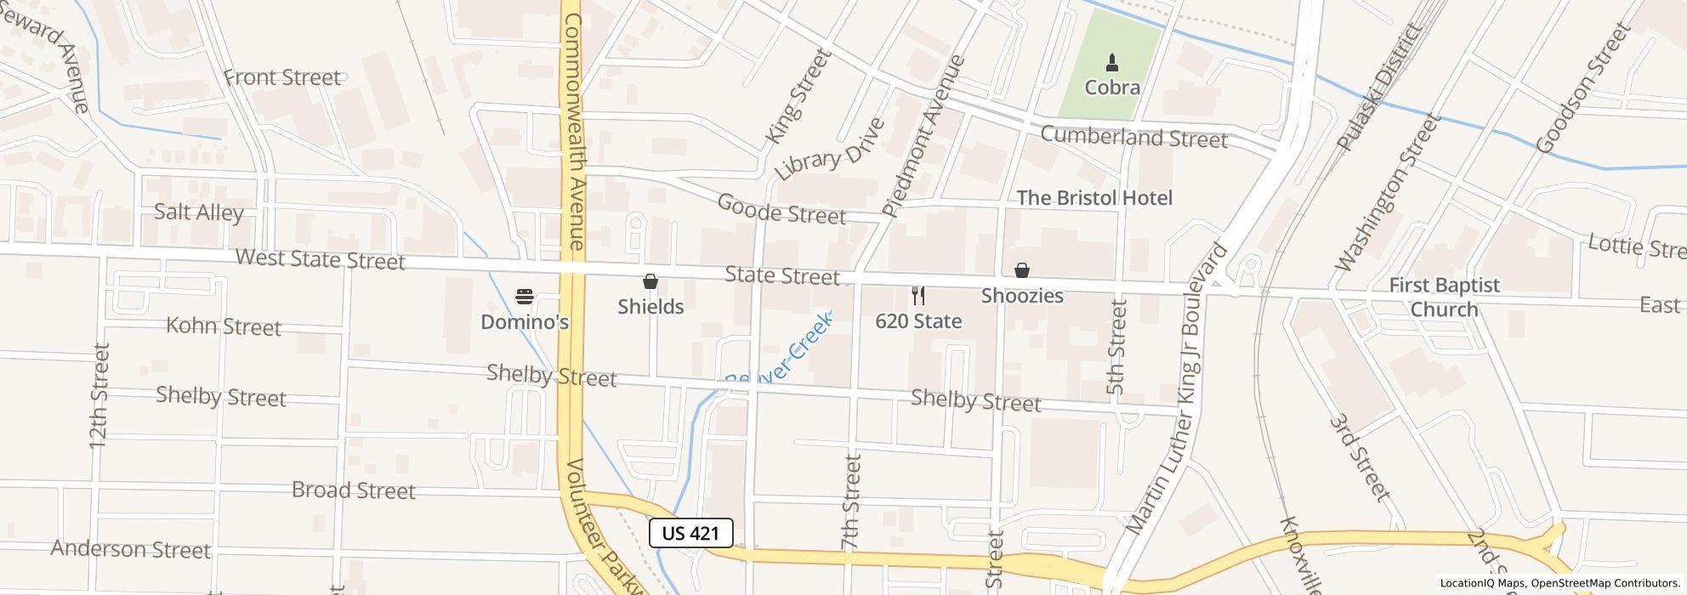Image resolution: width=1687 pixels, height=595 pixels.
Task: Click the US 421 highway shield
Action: tap(690, 533)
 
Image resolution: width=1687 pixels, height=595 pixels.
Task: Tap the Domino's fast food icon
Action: tap(525, 297)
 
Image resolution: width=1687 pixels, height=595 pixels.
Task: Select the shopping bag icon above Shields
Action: tap(650, 281)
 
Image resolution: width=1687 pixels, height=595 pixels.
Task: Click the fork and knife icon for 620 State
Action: tap(917, 296)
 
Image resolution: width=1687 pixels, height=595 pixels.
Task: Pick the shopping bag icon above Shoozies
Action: tap(1022, 270)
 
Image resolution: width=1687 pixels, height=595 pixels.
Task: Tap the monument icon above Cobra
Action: tap(1111, 62)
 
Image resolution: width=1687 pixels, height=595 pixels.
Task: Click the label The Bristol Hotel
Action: tap(1094, 197)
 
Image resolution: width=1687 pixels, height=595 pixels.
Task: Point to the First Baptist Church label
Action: tap(1444, 297)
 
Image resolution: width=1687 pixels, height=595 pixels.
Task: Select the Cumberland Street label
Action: tap(1133, 137)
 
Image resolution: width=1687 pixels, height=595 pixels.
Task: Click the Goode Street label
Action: tap(781, 208)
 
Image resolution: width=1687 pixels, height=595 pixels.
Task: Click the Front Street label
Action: tap(281, 77)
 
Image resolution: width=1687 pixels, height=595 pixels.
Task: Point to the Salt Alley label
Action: tap(199, 212)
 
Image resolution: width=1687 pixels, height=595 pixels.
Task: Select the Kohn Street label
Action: tap(223, 326)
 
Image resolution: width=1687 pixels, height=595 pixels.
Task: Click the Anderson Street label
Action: tap(130, 549)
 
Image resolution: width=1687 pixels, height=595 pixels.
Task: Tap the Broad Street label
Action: tap(353, 490)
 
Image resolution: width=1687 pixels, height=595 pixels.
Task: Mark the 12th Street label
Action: tap(99, 395)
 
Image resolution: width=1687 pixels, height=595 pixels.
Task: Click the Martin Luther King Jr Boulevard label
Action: tap(1178, 388)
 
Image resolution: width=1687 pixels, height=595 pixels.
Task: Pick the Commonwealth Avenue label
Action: tap(575, 132)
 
